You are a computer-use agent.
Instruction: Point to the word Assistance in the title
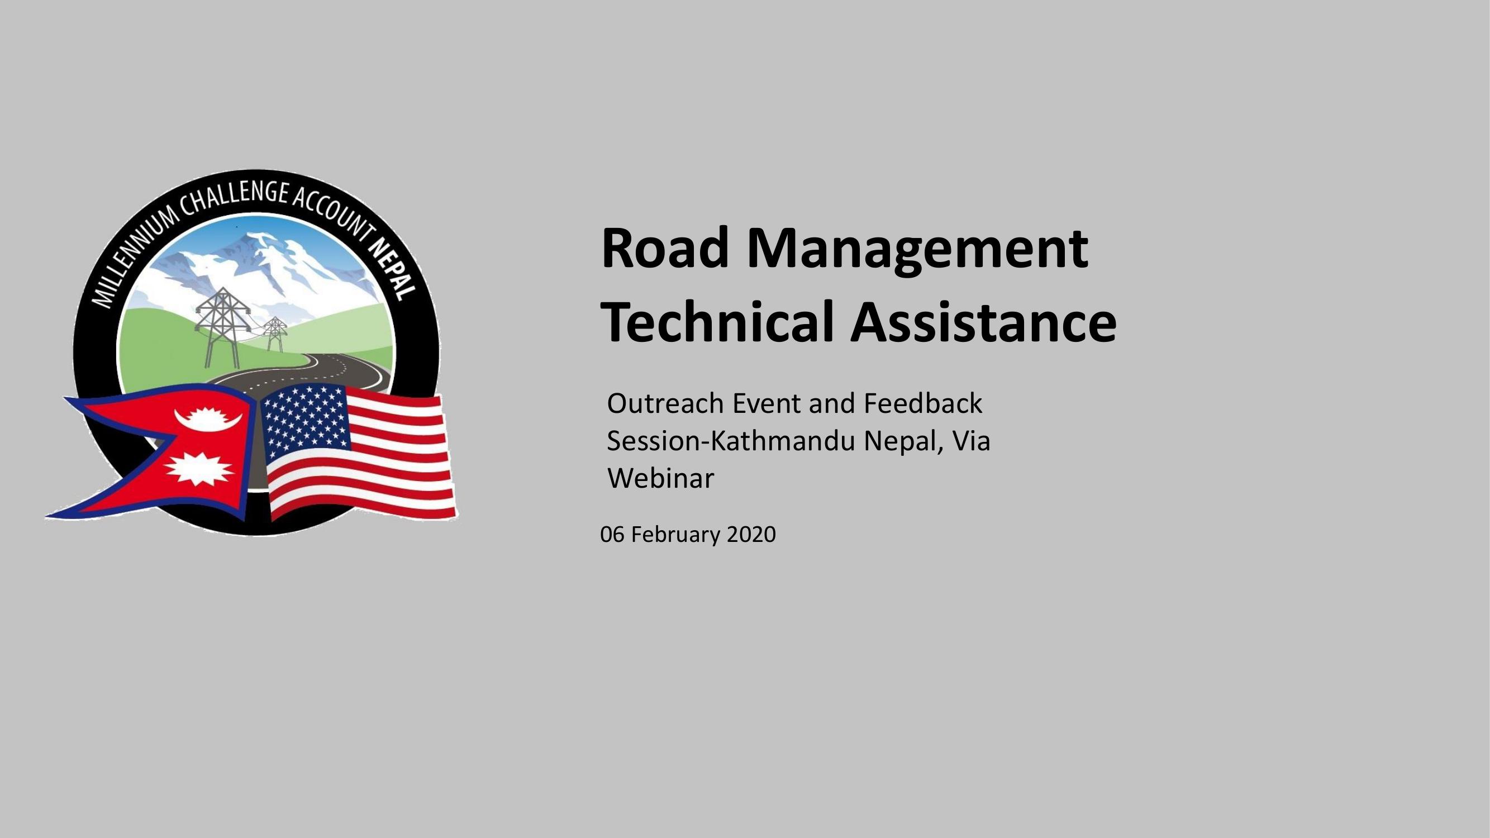pos(984,322)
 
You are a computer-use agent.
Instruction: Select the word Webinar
pos(660,478)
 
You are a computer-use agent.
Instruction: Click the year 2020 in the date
pos(751,535)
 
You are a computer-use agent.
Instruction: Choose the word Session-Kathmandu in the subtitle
pos(731,441)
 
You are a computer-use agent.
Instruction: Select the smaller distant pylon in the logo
pos(274,334)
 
